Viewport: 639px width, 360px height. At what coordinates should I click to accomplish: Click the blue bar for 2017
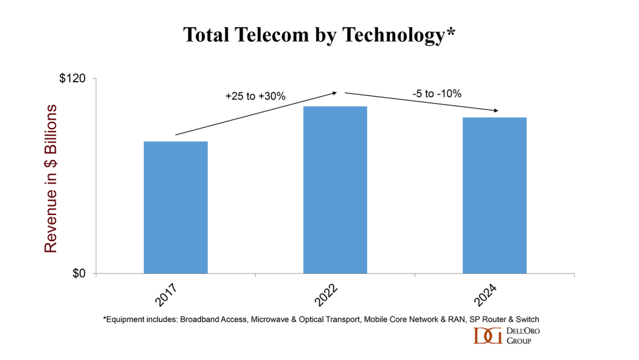tap(176, 207)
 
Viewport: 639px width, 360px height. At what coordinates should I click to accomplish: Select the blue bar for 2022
tap(335, 189)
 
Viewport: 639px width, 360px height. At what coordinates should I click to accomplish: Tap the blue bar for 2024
tap(494, 195)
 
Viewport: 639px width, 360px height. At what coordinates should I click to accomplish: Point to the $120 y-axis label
tap(73, 79)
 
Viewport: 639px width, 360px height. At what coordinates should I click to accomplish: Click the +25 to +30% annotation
tap(255, 95)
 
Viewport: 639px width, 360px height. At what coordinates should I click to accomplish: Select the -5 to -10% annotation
tap(437, 94)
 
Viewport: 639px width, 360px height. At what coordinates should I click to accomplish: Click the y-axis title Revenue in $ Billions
tap(51, 178)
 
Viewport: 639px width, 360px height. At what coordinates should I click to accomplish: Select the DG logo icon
tap(486, 335)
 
